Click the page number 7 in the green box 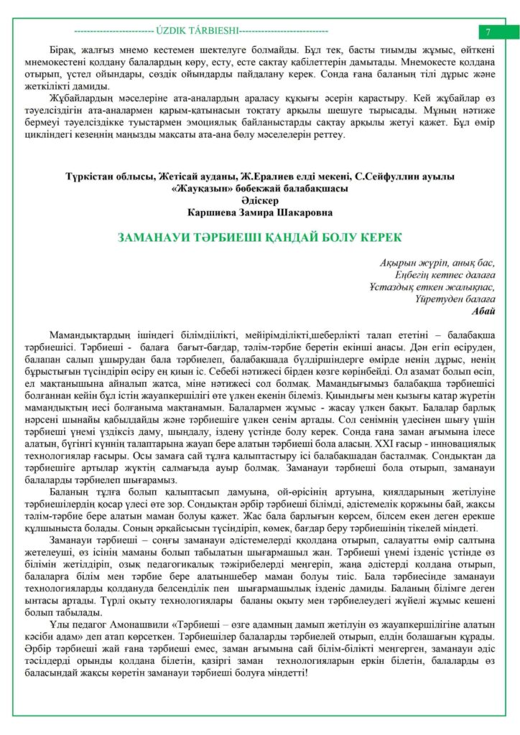[488, 32]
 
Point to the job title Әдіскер [260, 200]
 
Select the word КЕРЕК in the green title [380, 238]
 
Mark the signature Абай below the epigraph [483, 311]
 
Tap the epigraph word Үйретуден [436, 299]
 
